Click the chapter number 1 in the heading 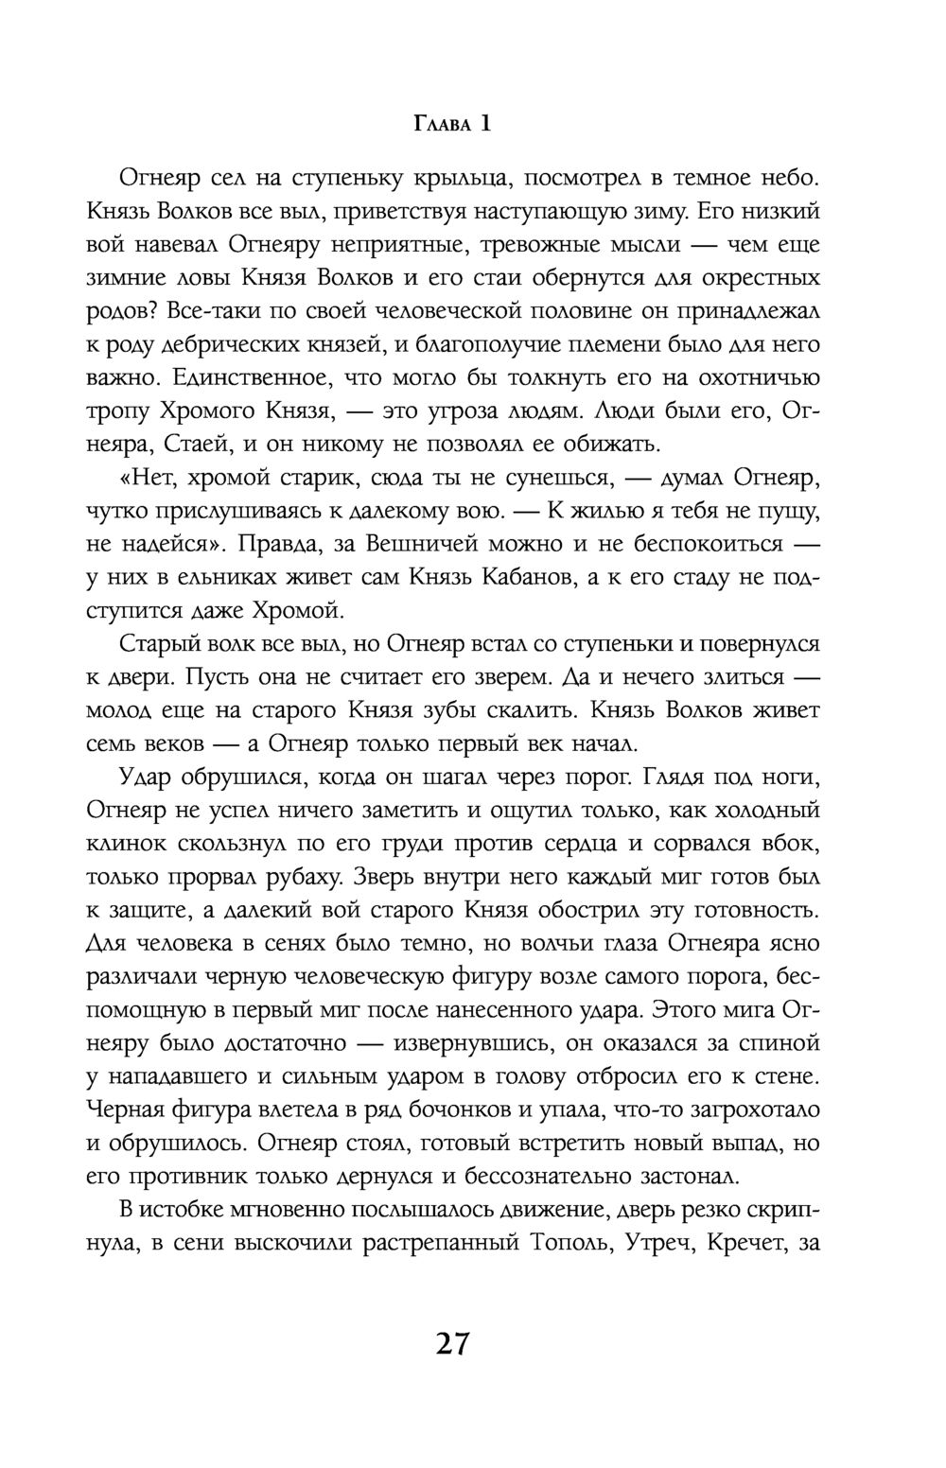tap(485, 123)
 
